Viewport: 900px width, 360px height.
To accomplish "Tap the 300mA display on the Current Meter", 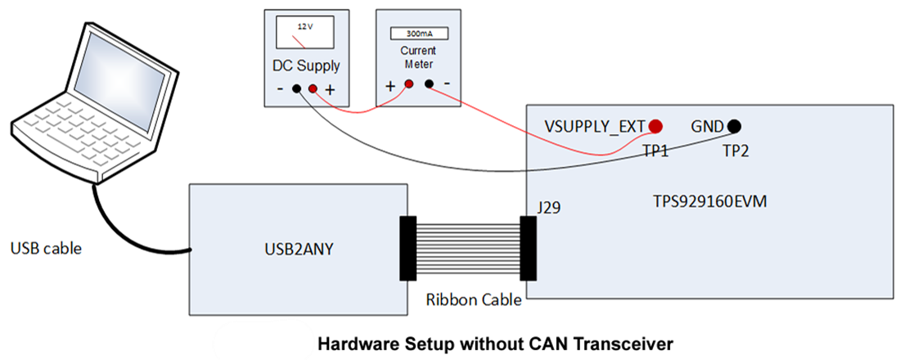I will [418, 34].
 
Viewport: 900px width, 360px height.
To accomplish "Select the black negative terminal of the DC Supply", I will [296, 88].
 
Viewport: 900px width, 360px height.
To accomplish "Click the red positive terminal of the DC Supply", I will [313, 88].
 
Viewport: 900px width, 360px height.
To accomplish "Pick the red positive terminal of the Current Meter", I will [408, 83].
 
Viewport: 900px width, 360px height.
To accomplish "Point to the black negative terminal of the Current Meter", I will [429, 83].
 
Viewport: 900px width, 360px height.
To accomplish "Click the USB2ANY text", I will [298, 248].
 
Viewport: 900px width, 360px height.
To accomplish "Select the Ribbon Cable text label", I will [474, 299].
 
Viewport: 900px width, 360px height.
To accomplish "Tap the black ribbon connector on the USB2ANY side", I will [407, 248].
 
